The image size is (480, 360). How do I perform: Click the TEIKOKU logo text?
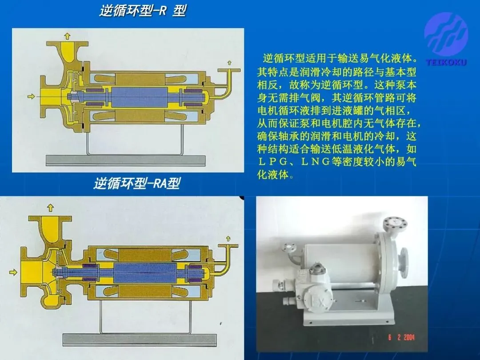pos(446,63)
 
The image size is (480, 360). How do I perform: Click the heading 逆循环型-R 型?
pos(143,11)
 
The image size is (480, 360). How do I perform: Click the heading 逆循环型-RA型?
pos(137,184)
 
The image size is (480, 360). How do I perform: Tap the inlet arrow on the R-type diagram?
pos(31,96)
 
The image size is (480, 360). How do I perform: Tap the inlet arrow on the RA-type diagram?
pos(13,272)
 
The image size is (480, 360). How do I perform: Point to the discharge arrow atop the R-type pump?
pos(67,36)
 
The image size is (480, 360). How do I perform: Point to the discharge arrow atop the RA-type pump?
pos(51,208)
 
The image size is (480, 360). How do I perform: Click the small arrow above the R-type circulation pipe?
pos(229,63)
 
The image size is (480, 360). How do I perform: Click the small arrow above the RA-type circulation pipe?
pos(228,239)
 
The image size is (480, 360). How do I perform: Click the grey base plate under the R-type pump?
pos(125,161)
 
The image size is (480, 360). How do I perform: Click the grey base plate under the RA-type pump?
pos(140,340)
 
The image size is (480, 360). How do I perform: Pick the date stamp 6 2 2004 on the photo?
pos(401,337)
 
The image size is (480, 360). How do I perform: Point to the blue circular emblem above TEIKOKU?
pos(446,34)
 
